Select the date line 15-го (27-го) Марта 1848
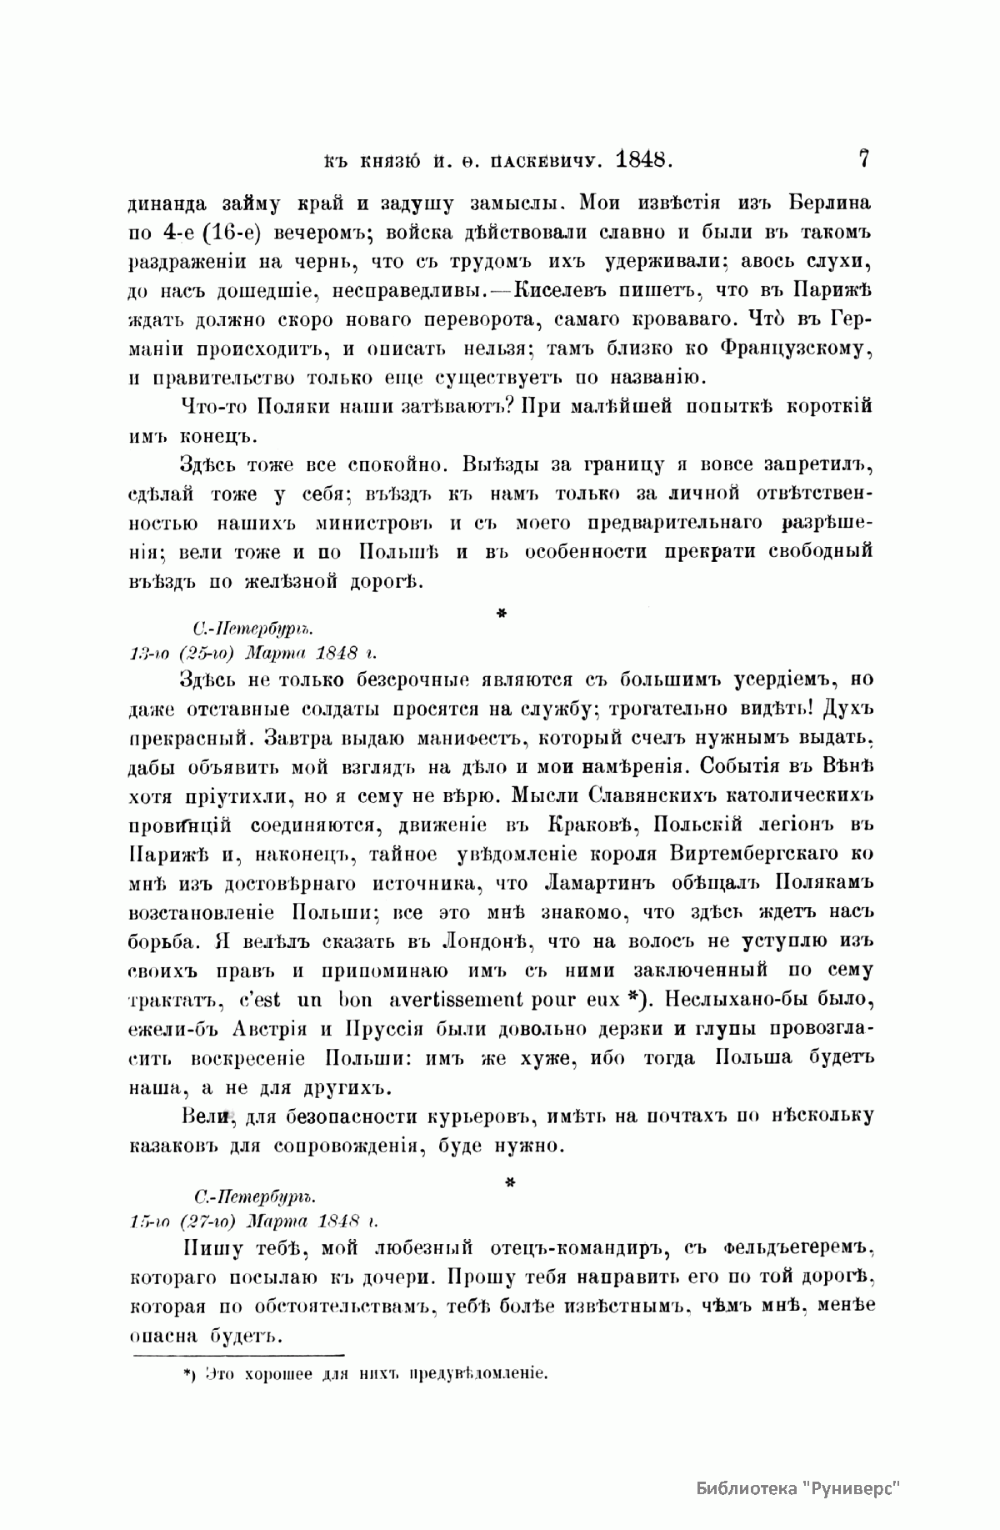coord(253,1221)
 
